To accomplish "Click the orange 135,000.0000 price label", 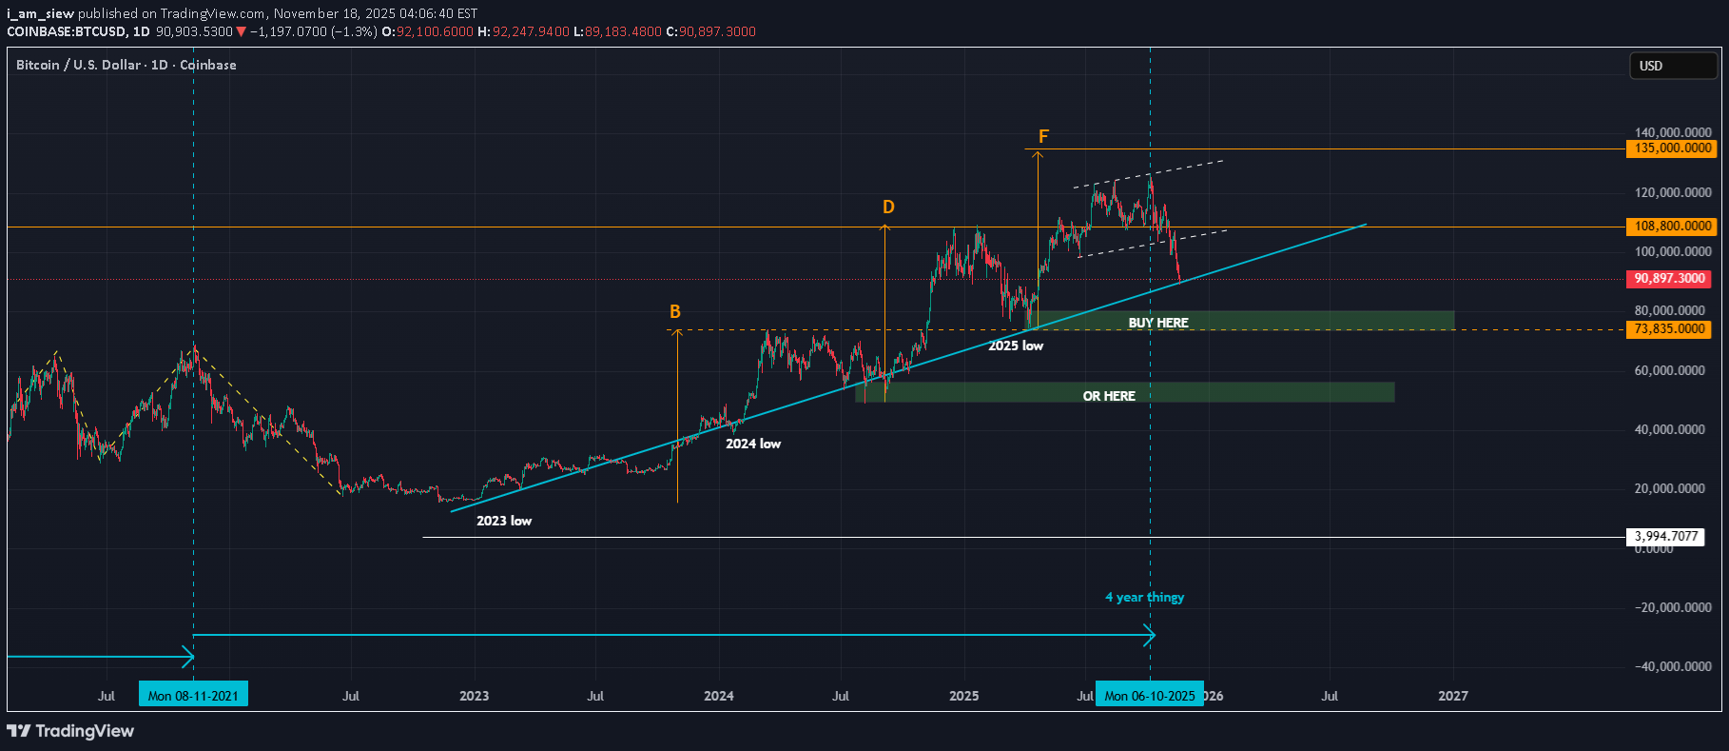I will click(x=1673, y=148).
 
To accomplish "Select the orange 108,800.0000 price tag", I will click(x=1673, y=227).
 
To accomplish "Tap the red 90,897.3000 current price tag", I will click(x=1669, y=279).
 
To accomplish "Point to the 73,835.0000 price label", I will click(x=1669, y=329).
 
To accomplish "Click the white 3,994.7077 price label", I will click(x=1665, y=537).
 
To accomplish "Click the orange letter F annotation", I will click(x=1043, y=137).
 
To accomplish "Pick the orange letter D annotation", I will click(x=888, y=208).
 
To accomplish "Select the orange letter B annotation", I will click(x=675, y=312).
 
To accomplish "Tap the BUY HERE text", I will click(x=1157, y=323).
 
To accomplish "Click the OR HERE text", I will click(x=1109, y=396).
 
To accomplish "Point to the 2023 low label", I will click(x=504, y=521).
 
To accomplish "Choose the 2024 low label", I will click(x=753, y=444).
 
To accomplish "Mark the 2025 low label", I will click(x=1016, y=346).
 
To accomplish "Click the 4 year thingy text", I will click(x=1144, y=597).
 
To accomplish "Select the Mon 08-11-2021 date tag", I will click(x=193, y=696).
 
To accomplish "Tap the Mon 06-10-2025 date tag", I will click(x=1149, y=696).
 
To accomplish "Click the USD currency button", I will click(x=1673, y=66).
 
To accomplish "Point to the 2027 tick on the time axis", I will click(x=1452, y=696).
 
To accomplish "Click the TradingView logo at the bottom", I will click(x=70, y=731).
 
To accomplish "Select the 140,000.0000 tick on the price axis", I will click(x=1672, y=132).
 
